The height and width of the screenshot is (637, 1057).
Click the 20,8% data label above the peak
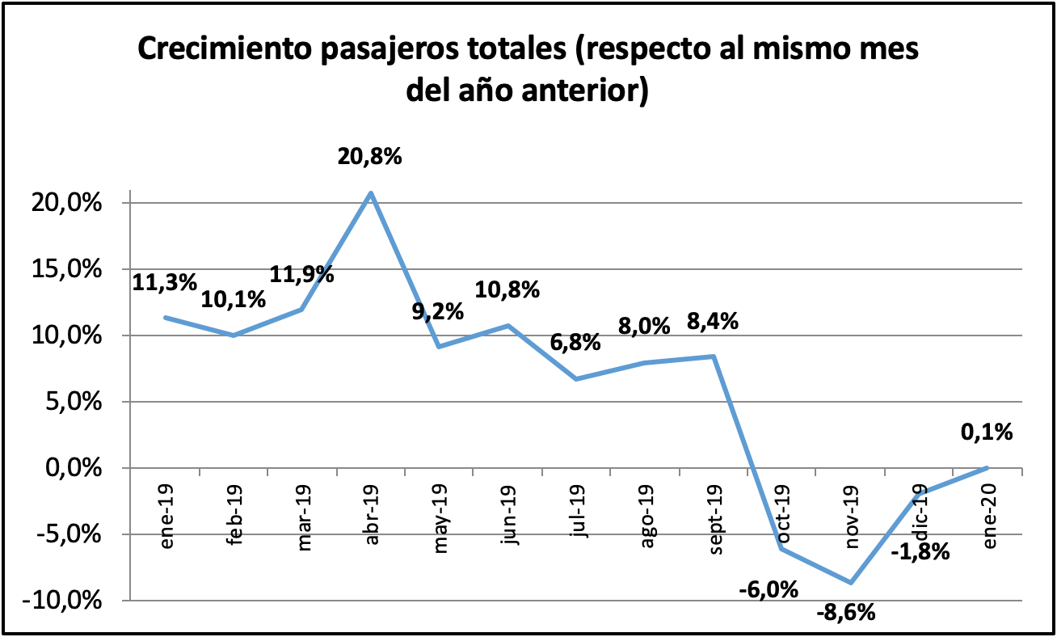(369, 156)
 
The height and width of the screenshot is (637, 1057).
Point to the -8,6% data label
(845, 612)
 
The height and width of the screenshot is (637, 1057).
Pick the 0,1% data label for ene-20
(986, 432)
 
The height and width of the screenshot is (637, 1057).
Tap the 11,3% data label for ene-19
(165, 282)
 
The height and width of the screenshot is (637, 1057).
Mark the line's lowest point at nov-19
(851, 582)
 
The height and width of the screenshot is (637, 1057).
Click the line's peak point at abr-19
(371, 192)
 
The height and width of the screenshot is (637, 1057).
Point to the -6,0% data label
(769, 589)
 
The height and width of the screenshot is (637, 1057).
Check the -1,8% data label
(920, 553)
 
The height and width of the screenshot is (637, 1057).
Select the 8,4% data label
(711, 322)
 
